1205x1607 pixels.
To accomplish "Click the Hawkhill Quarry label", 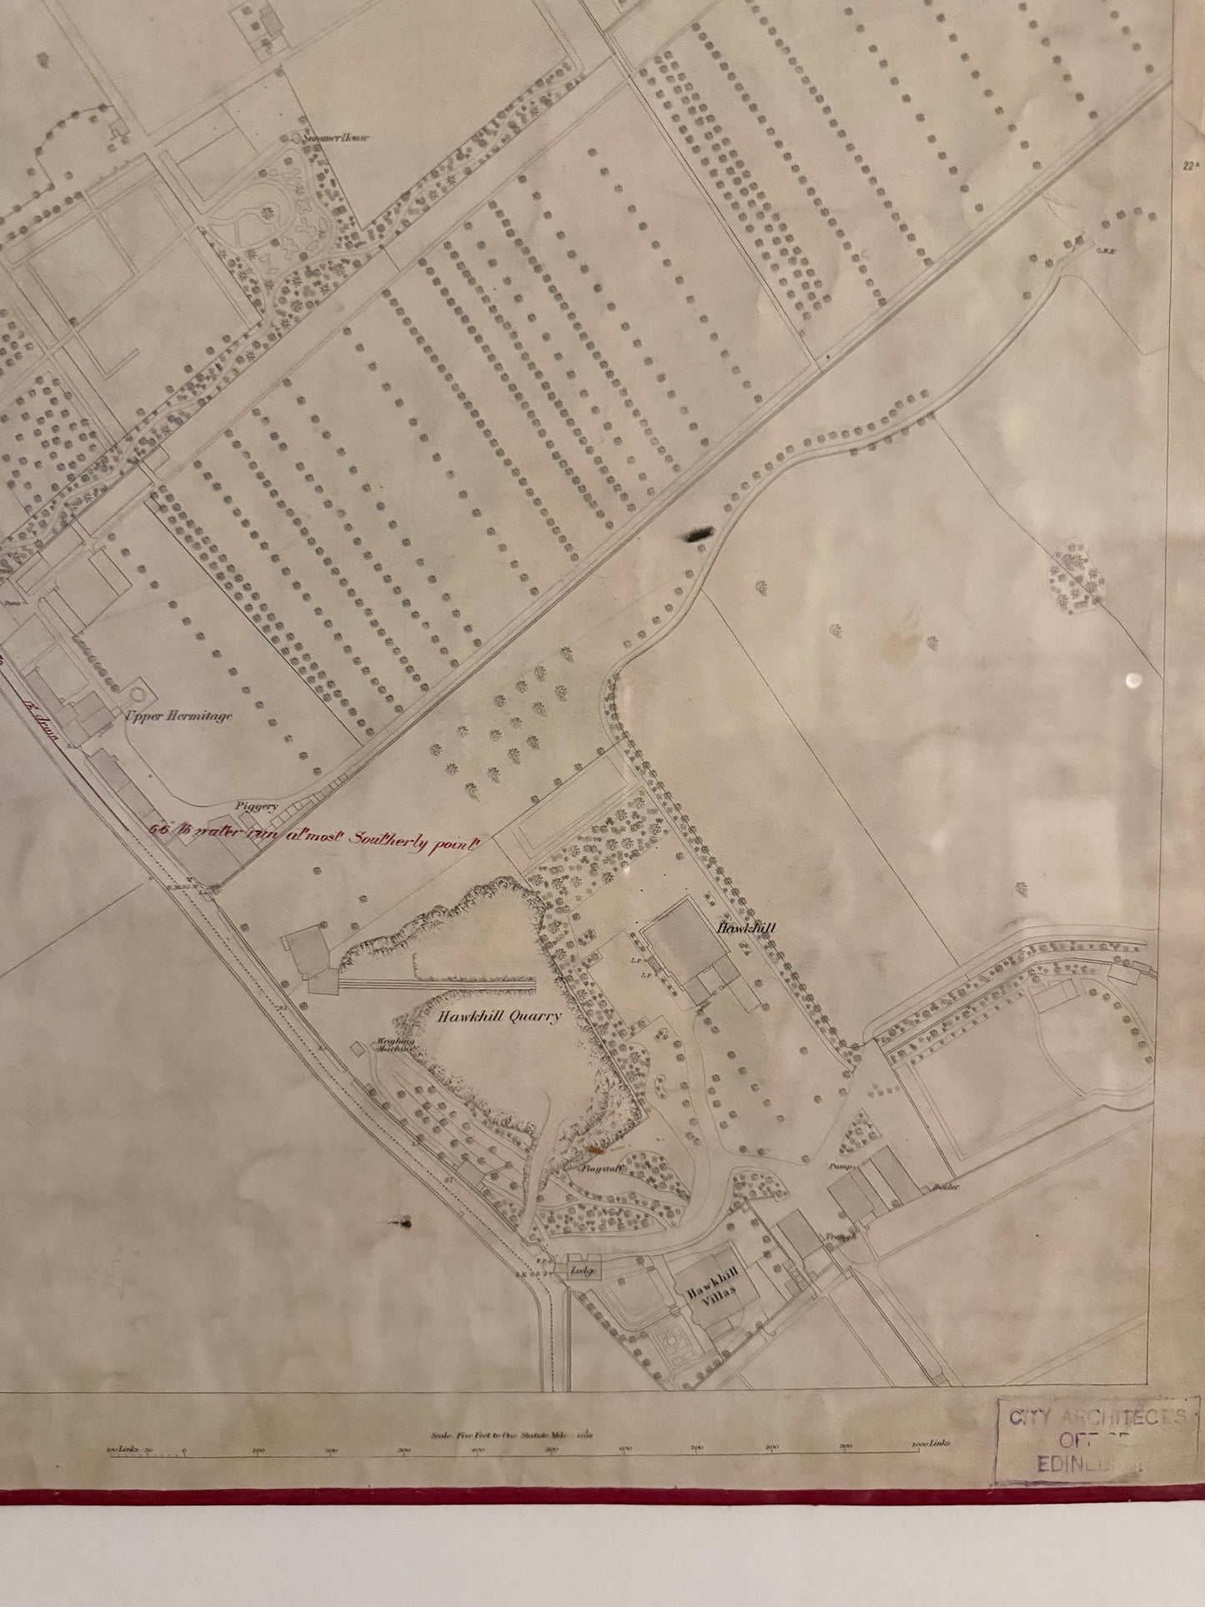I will pyautogui.click(x=499, y=1017).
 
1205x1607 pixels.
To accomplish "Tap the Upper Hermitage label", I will pyautogui.click(x=178, y=716).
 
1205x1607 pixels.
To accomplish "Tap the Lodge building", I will pyautogui.click(x=580, y=1271).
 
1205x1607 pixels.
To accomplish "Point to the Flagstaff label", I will pyautogui.click(x=600, y=1169).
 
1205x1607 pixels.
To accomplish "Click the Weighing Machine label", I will pyautogui.click(x=392, y=1045).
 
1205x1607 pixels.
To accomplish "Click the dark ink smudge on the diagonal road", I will pyautogui.click(x=698, y=535).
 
